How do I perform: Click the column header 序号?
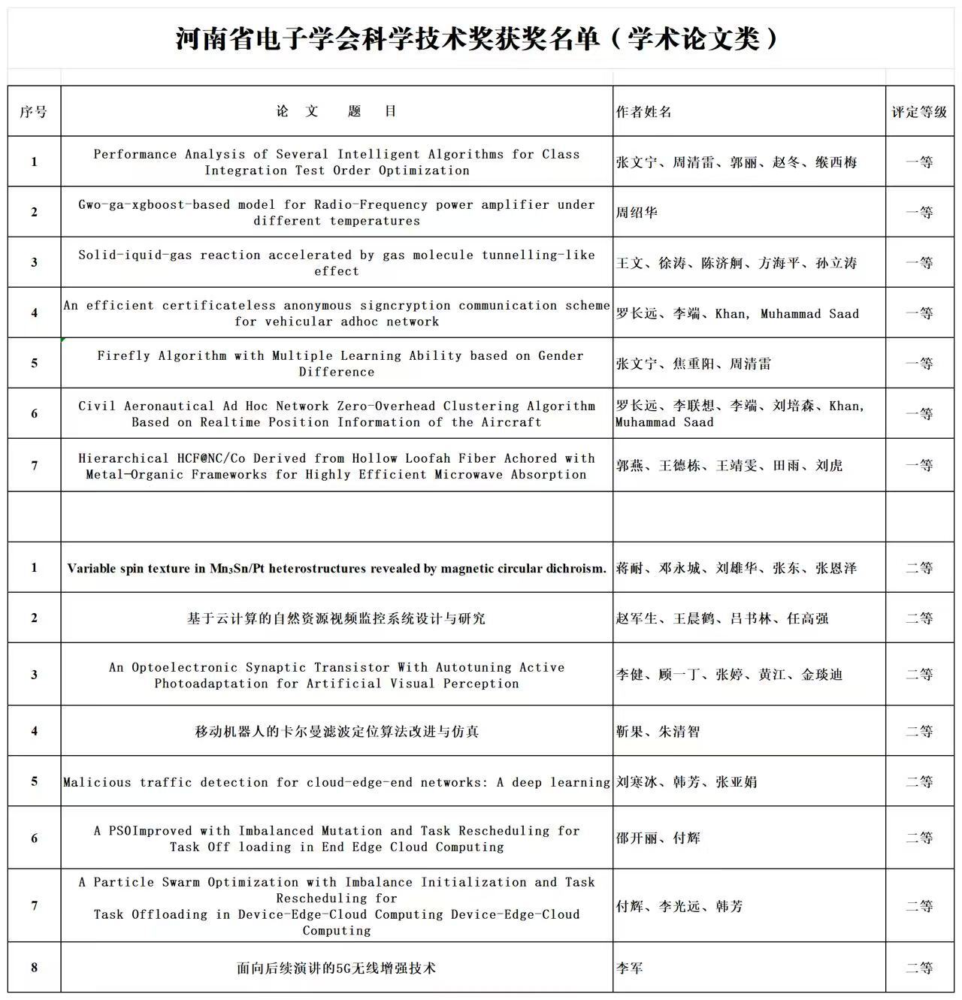tap(34, 112)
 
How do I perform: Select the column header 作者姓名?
tap(644, 112)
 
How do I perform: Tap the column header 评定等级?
tap(919, 112)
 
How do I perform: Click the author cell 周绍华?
tap(637, 213)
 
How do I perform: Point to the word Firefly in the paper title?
tap(123, 355)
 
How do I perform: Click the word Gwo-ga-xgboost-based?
tap(154, 204)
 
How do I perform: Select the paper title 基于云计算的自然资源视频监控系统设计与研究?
tap(336, 618)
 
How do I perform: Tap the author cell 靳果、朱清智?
tap(658, 731)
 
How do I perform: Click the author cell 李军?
tap(630, 968)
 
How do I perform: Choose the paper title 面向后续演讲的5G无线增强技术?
tap(336, 968)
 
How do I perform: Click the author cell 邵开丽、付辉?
tap(658, 838)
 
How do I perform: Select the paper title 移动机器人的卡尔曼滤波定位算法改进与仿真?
tap(336, 731)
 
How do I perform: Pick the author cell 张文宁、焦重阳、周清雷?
tap(694, 364)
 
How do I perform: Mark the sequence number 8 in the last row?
tap(34, 968)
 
